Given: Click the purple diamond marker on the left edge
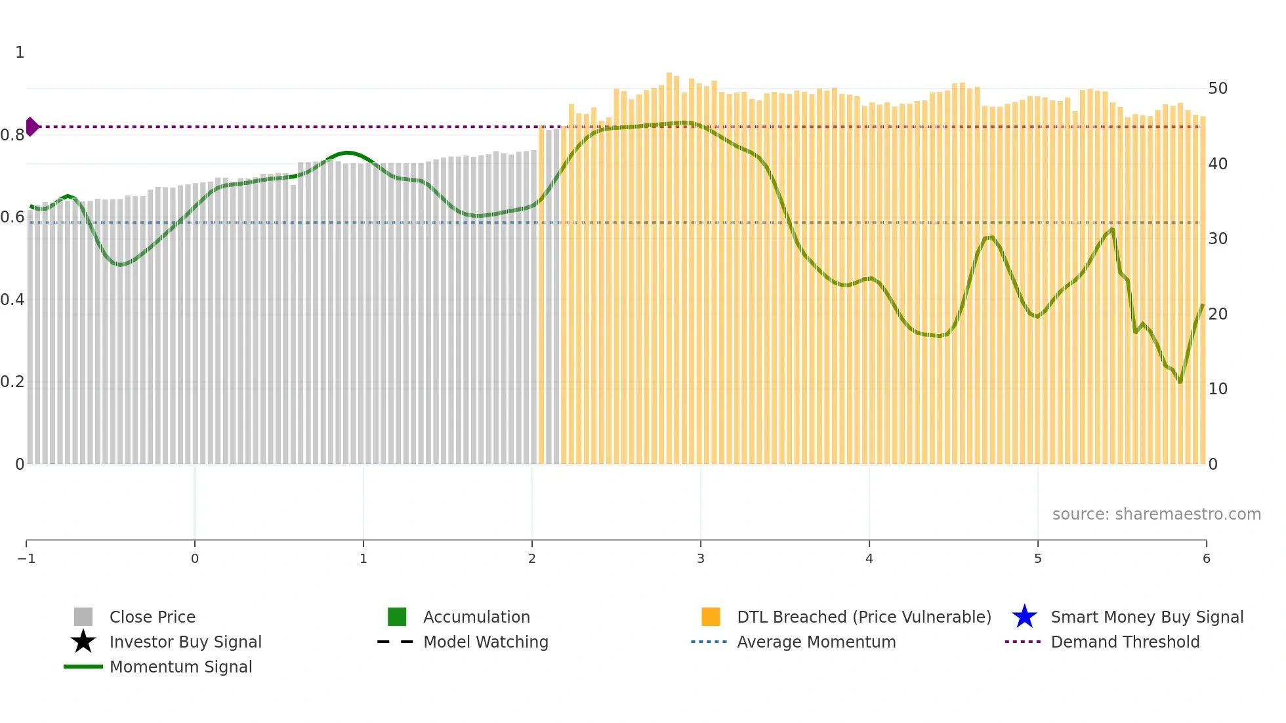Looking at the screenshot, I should [31, 127].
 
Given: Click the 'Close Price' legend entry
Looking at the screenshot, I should [152, 617].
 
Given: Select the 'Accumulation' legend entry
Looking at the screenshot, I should [476, 617].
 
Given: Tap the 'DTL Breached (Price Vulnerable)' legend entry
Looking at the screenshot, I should [863, 617].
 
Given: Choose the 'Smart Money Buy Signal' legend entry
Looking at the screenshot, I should [1147, 617].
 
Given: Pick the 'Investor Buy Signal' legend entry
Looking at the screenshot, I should [185, 642].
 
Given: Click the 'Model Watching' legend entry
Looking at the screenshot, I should [486, 642].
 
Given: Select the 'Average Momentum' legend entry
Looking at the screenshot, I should [816, 642].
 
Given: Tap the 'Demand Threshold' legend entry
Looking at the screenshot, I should [1125, 642].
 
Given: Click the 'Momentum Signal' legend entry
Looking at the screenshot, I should [180, 667].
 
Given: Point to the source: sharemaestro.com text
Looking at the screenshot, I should [1156, 514].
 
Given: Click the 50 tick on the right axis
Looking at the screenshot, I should [1218, 89].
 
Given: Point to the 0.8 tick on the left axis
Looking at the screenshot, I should [12, 135].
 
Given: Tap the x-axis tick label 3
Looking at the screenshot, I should [701, 558].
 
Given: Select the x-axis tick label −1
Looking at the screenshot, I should [26, 558].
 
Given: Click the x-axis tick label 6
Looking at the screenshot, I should [1206, 558].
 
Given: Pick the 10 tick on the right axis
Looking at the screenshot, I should [1218, 389].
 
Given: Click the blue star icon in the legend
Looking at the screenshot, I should [1024, 617].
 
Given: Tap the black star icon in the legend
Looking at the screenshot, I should [83, 642].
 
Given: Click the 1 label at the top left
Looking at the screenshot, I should [20, 52].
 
